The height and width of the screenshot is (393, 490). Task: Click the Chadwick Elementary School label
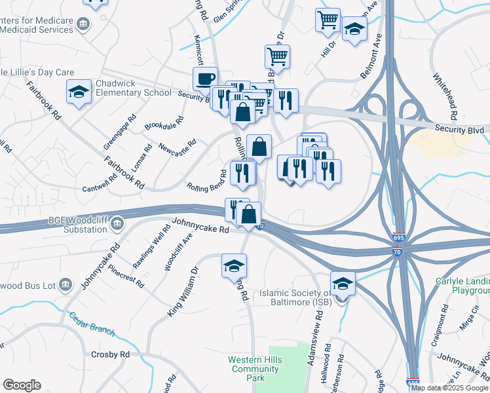[x=134, y=88]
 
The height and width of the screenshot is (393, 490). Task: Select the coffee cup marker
[x=206, y=79]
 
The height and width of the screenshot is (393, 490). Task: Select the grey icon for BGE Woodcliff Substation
[x=117, y=224]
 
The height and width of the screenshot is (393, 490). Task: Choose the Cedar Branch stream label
[x=92, y=324]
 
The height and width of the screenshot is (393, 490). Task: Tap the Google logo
[x=22, y=385]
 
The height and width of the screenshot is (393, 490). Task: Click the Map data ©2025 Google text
[x=449, y=388]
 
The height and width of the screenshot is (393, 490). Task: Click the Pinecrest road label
[x=126, y=276]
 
